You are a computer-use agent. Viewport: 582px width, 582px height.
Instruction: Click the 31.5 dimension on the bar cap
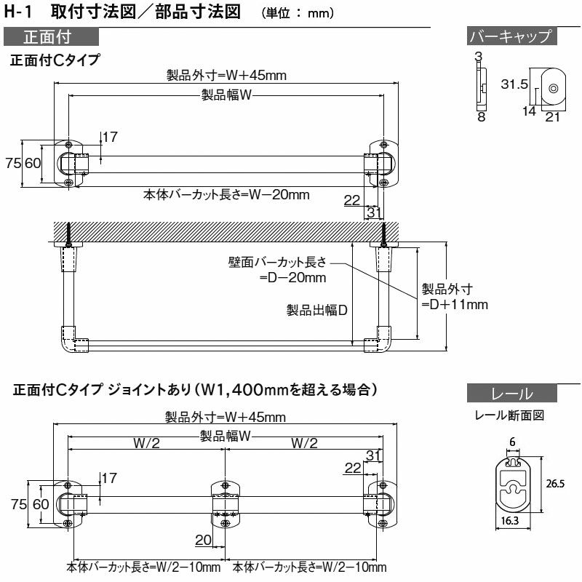[514, 85]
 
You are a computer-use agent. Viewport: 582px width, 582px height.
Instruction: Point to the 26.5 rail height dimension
[555, 483]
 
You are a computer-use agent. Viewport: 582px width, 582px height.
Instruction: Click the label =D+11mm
[455, 304]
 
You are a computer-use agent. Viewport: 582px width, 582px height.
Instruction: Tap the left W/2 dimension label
[146, 444]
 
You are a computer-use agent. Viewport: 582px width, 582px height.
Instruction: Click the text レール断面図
[509, 416]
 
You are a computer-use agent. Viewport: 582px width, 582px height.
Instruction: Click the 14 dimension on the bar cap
[529, 111]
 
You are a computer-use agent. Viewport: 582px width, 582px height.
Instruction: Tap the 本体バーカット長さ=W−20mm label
[226, 194]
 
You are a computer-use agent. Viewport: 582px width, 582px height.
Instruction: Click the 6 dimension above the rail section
[512, 442]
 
